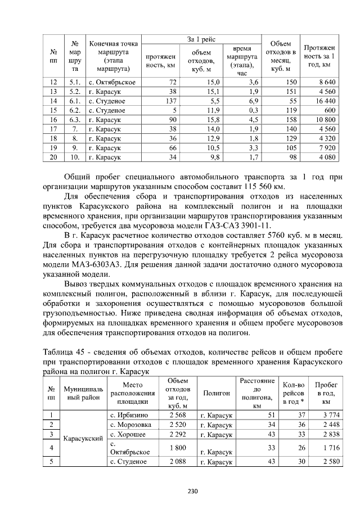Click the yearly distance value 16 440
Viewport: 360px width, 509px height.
tap(326, 101)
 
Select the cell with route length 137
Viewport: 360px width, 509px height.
tap(169, 101)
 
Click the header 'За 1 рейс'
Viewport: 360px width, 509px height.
tap(201, 39)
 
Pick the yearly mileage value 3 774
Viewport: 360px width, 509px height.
tap(326, 415)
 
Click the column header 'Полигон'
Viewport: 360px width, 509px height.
tap(216, 394)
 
